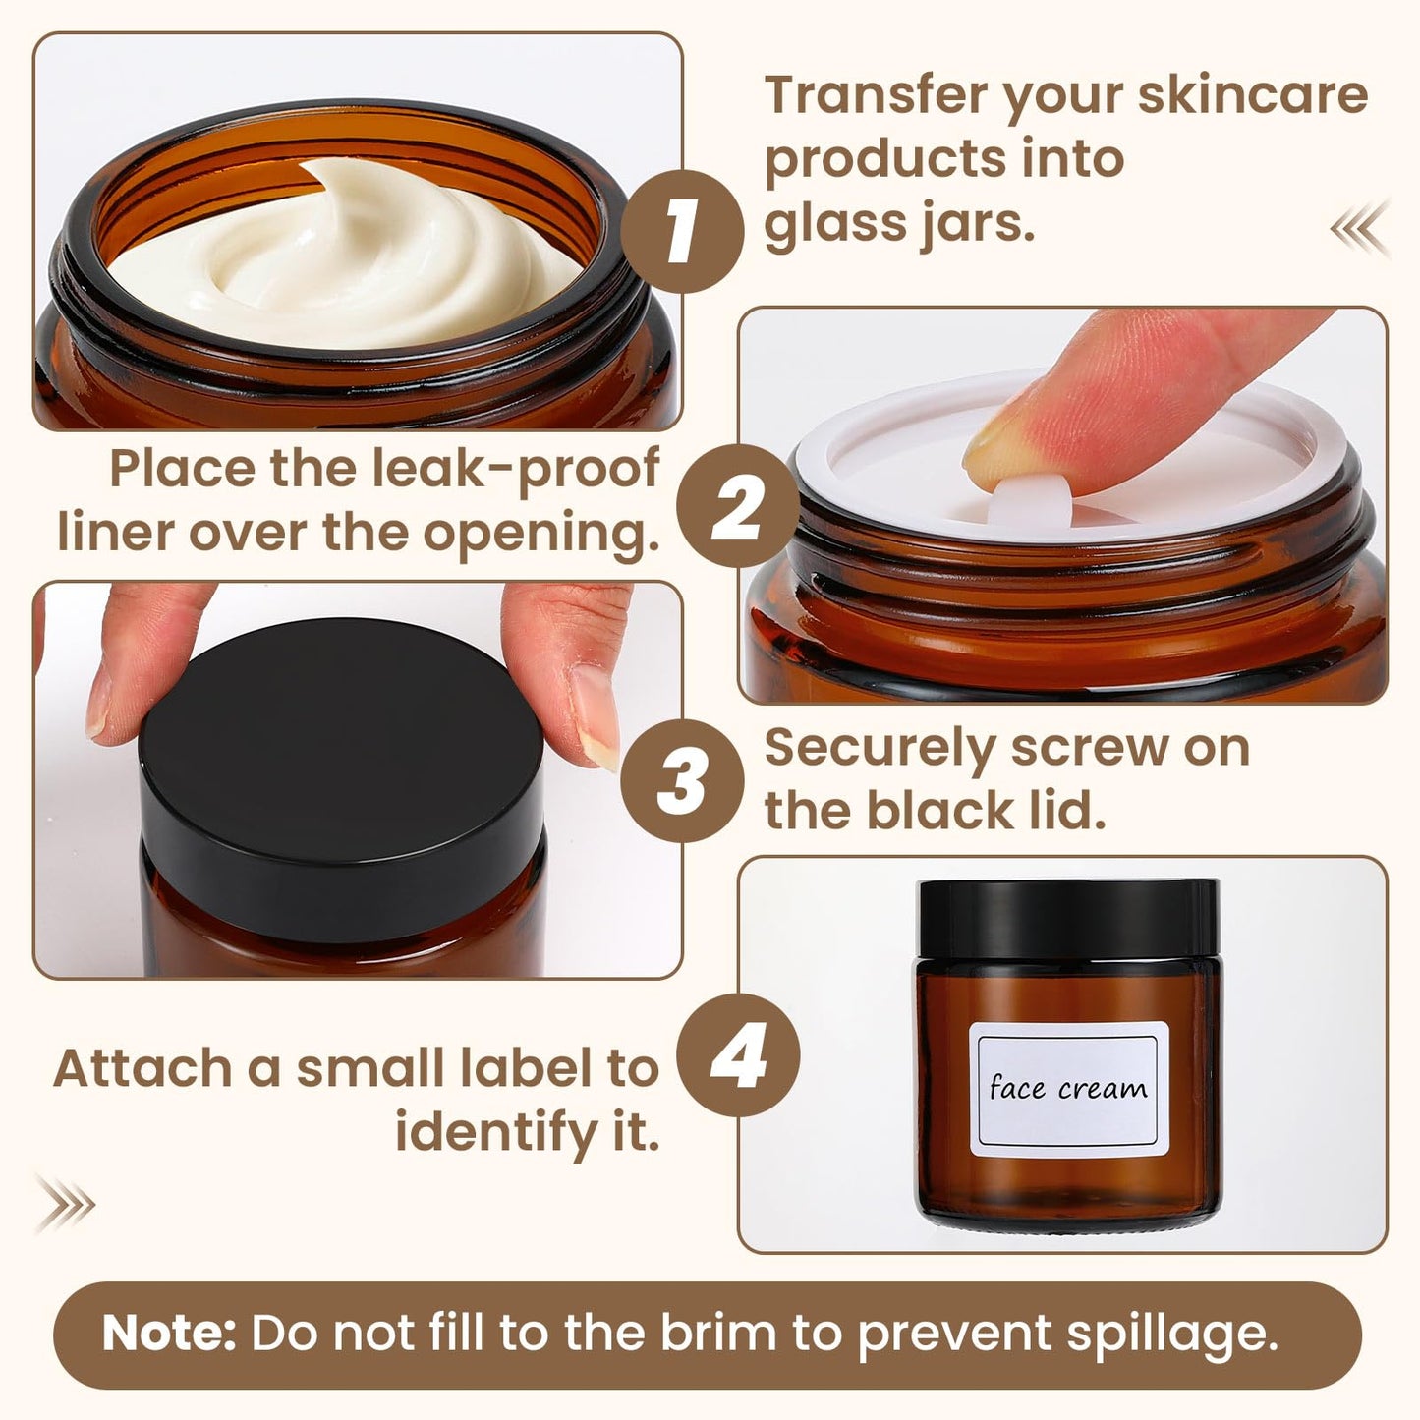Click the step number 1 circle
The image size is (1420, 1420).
pos(682,231)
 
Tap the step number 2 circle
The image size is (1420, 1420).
pos(738,506)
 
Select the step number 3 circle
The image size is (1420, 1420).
pos(682,781)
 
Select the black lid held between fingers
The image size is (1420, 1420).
pos(343,767)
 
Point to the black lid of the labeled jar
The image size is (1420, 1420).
pos(1068,918)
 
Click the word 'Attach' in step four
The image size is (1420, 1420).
pos(143,1068)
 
